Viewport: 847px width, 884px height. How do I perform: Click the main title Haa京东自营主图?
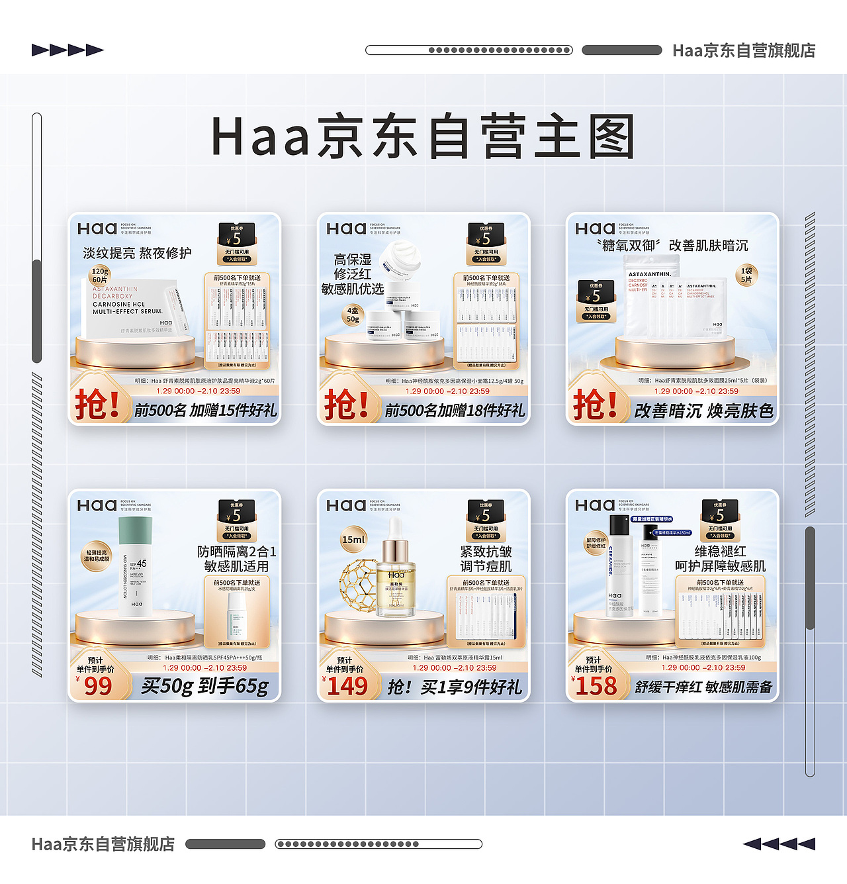pyautogui.click(x=423, y=137)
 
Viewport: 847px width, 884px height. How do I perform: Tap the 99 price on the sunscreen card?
pyautogui.click(x=98, y=686)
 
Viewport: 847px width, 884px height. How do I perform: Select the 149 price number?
pyautogui.click(x=347, y=686)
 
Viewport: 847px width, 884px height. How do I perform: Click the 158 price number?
pyautogui.click(x=596, y=686)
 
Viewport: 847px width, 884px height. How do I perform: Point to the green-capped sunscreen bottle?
pyautogui.click(x=136, y=566)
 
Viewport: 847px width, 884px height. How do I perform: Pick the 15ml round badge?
pyautogui.click(x=353, y=539)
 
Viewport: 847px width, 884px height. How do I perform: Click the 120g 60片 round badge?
pyautogui.click(x=100, y=275)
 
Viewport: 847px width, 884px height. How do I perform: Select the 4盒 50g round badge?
pyautogui.click(x=353, y=315)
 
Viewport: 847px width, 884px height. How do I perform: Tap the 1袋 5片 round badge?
pyautogui.click(x=746, y=275)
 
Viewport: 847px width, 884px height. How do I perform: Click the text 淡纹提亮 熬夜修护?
pyautogui.click(x=137, y=253)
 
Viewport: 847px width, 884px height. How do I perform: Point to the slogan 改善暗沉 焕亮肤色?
pyautogui.click(x=703, y=411)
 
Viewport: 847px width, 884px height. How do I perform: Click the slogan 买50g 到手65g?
pyautogui.click(x=204, y=686)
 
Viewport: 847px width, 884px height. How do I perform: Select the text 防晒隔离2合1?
pyautogui.click(x=236, y=552)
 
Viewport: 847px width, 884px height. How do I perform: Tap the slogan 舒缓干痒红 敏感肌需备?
pyautogui.click(x=703, y=687)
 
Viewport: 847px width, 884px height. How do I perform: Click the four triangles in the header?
pyautogui.click(x=67, y=50)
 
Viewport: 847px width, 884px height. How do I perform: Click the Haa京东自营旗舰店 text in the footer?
pyautogui.click(x=103, y=844)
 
